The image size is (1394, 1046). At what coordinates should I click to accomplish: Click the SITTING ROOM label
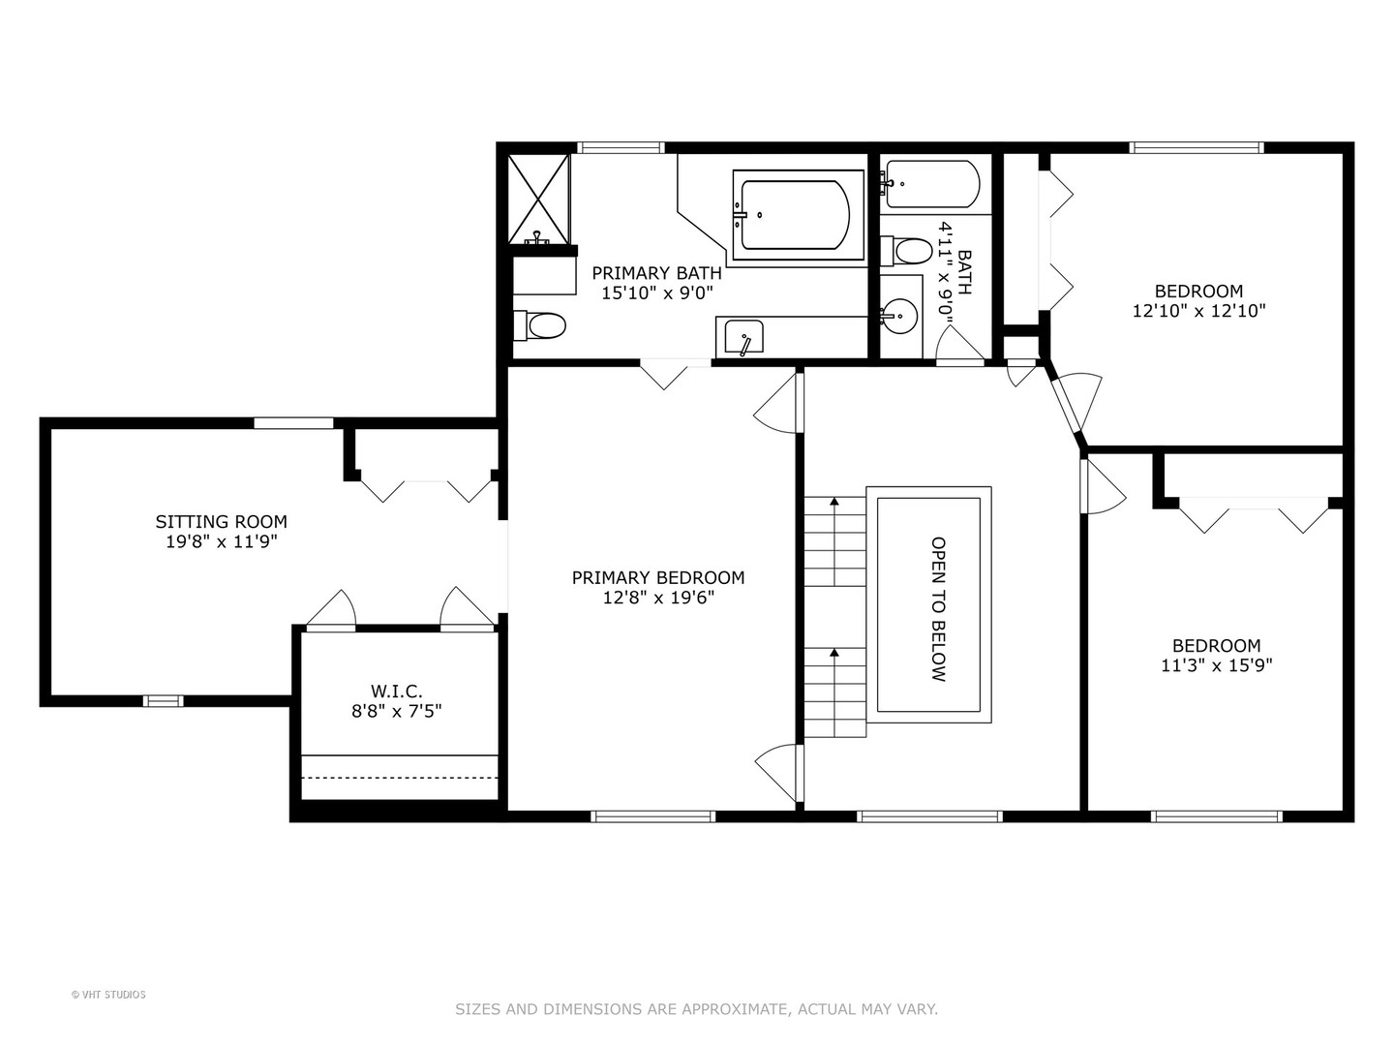221,521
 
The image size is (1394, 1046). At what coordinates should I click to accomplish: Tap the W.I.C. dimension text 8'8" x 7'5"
396,711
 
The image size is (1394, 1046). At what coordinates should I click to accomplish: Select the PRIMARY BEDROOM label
658,577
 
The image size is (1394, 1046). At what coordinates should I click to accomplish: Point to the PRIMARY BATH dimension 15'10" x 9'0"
657,292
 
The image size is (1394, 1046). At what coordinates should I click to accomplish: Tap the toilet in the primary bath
541,325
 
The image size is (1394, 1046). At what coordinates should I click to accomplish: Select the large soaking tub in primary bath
797,215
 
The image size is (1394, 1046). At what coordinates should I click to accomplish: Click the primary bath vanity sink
743,337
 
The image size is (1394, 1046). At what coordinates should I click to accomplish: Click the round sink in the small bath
901,314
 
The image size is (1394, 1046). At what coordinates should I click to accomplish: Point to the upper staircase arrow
833,502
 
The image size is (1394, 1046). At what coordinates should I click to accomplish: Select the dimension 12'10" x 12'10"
1198,311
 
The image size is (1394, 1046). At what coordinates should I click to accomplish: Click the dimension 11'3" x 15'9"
1216,665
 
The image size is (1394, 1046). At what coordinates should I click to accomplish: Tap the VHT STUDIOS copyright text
108,994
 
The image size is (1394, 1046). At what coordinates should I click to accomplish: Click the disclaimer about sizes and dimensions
696,1009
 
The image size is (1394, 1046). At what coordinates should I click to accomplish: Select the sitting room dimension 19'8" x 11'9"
221,541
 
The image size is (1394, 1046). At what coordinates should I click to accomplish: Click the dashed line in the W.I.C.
399,777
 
